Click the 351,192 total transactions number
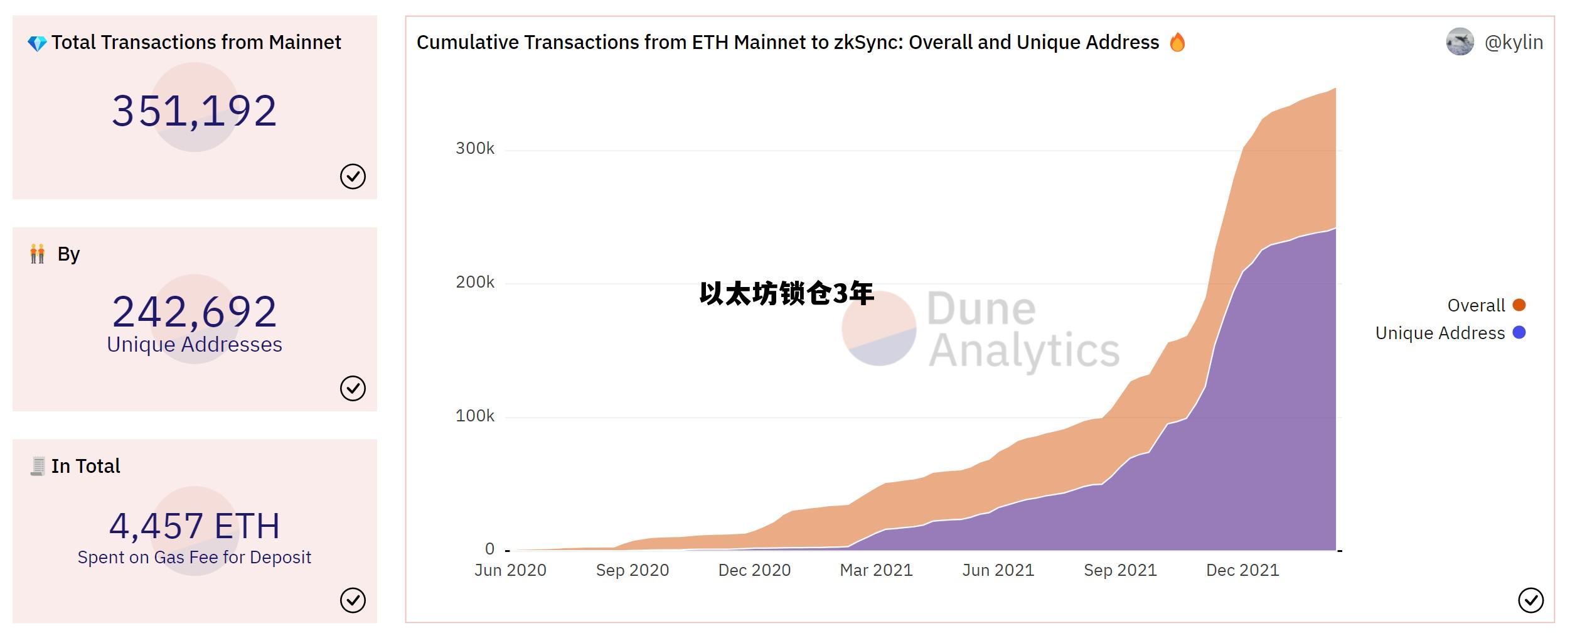194,111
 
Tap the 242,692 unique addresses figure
194,311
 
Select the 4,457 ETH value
194,526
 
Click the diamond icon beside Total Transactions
37,43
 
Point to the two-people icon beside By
37,254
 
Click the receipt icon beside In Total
38,466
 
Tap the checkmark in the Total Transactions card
353,176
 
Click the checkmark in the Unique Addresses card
353,388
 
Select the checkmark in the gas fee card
353,600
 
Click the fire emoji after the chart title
1177,43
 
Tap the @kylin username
1513,42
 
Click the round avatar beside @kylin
1460,42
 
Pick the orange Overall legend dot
1519,305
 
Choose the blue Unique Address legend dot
1519,333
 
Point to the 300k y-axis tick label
475,149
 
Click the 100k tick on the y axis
475,416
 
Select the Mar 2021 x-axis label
876,570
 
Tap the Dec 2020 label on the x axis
754,570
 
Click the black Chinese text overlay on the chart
786,294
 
